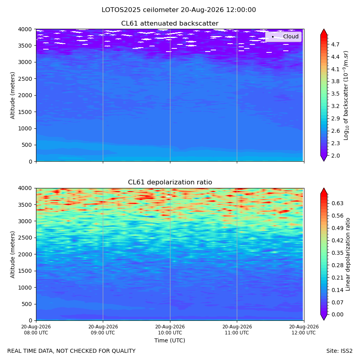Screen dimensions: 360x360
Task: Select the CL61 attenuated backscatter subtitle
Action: click(170, 24)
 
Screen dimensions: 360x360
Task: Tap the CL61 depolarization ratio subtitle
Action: click(170, 182)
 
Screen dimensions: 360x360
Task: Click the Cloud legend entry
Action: click(283, 36)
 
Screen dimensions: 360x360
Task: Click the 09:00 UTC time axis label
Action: click(103, 330)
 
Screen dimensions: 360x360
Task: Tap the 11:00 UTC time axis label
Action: click(237, 330)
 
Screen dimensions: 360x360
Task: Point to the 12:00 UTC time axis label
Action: click(304, 330)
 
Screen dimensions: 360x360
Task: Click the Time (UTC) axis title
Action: click(170, 340)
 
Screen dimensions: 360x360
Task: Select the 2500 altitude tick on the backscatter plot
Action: click(25, 79)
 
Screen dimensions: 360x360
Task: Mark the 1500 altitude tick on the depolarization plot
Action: click(25, 271)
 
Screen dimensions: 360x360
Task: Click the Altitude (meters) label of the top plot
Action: click(13, 95)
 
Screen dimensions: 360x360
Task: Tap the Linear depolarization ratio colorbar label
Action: click(348, 254)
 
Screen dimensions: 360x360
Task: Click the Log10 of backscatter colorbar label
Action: click(346, 95)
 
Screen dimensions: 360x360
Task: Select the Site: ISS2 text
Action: click(339, 351)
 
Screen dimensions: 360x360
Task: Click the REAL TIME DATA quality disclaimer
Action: click(72, 351)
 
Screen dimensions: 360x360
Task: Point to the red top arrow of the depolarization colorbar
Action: click(324, 191)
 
